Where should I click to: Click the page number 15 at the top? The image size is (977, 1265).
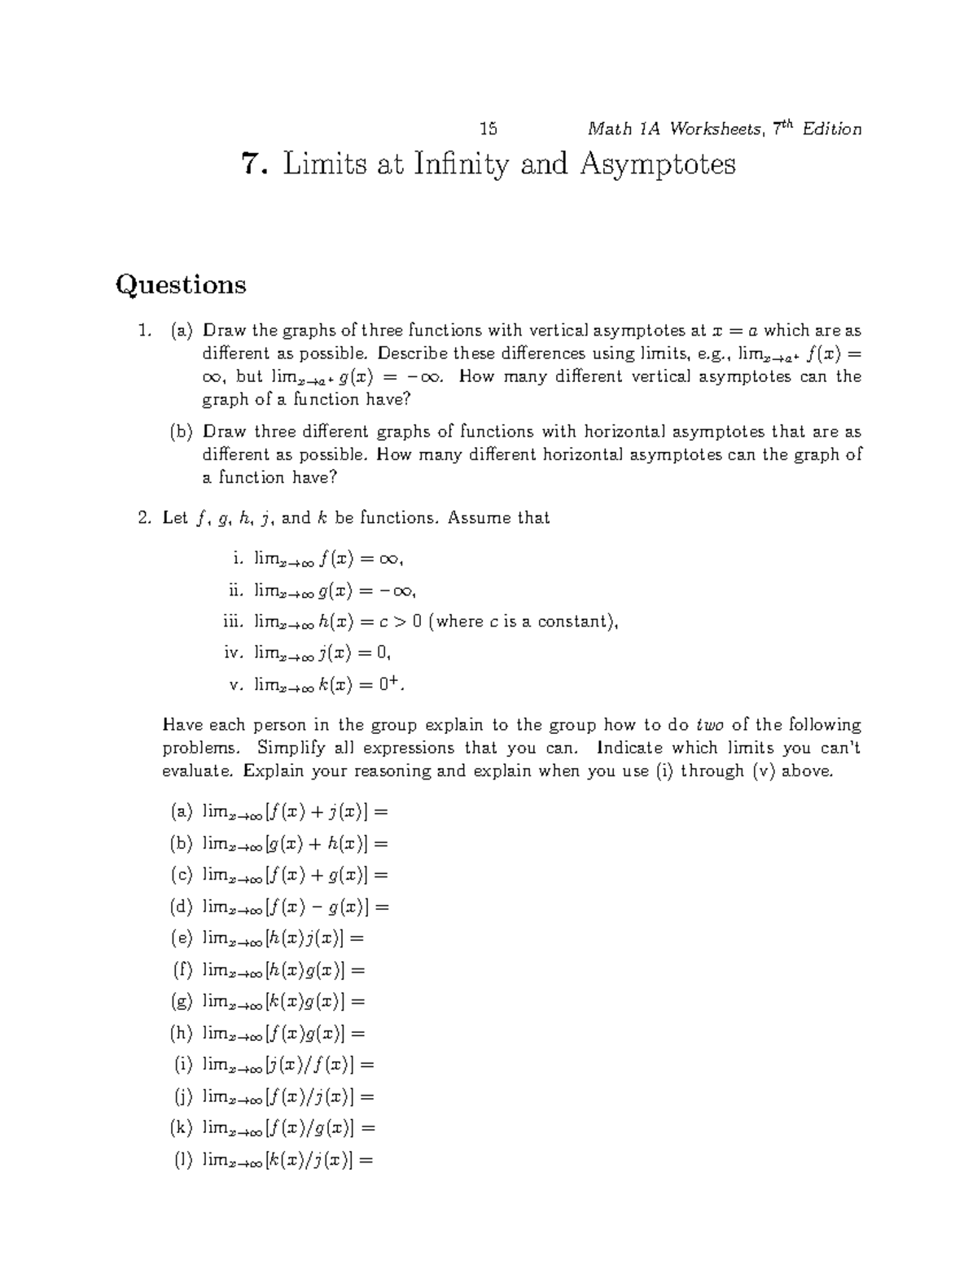click(488, 129)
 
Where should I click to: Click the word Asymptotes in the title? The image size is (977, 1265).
click(657, 165)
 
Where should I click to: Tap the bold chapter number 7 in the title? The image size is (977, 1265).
click(252, 165)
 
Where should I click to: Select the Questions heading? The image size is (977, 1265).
click(181, 284)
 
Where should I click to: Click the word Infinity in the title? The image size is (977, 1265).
click(462, 165)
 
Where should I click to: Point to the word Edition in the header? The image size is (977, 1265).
click(831, 130)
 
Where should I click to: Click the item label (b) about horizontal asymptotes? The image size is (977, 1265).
click(182, 432)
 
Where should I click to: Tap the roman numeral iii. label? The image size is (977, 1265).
click(233, 622)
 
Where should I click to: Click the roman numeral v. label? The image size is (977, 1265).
click(237, 685)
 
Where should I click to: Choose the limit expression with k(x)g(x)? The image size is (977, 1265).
click(284, 1002)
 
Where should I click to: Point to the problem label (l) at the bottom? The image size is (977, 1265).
click(182, 1160)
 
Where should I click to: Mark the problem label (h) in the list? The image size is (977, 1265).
click(182, 1034)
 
